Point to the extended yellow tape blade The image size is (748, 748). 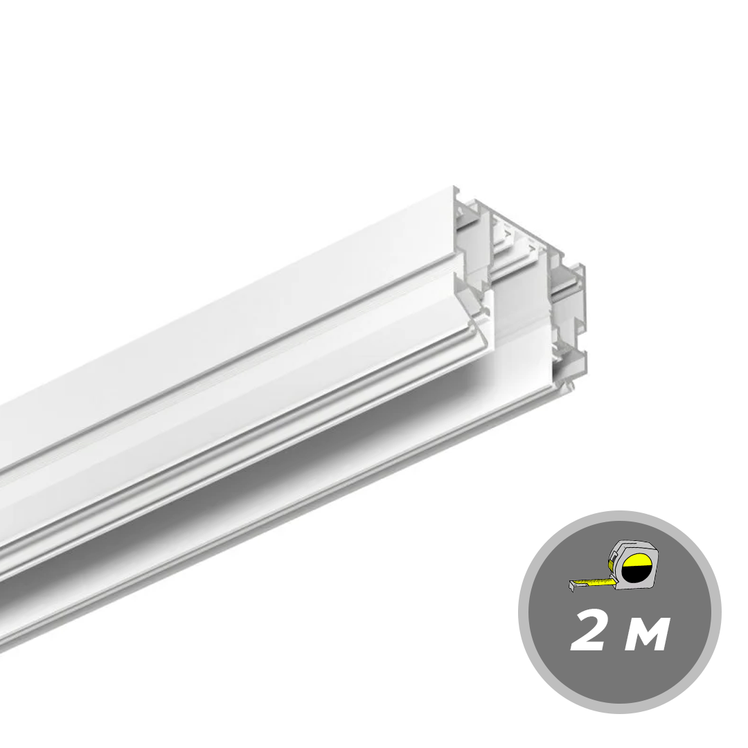click(x=593, y=582)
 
